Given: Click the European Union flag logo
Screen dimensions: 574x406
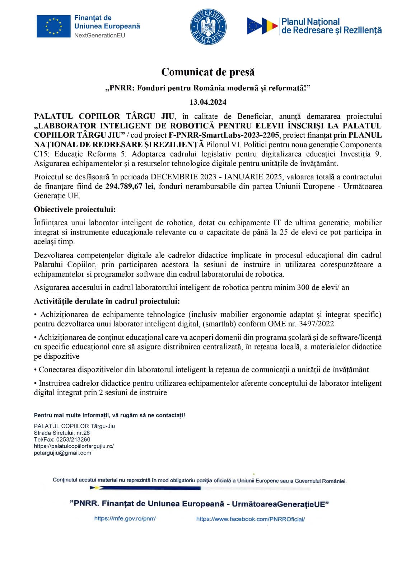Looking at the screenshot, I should [x=53, y=26].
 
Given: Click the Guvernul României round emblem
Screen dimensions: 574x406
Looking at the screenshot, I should [x=208, y=27].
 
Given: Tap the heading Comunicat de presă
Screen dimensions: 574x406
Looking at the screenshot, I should [x=208, y=72].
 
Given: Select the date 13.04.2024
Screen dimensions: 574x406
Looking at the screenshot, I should [x=208, y=102].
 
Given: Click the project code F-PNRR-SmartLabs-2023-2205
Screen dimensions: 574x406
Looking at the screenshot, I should [x=224, y=135].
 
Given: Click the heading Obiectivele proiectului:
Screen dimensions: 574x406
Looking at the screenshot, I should [x=75, y=210].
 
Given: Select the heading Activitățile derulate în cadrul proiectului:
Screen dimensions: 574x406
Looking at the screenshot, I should [x=107, y=301].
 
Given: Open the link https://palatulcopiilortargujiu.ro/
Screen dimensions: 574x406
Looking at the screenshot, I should [x=74, y=446].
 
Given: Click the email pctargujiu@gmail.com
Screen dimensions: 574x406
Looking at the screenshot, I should [x=62, y=453].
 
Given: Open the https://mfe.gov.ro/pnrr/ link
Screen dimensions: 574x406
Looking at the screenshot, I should [x=125, y=518].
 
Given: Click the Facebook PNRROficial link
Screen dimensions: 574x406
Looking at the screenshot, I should [x=250, y=519].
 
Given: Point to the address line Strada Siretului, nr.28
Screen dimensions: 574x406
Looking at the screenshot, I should [x=62, y=433].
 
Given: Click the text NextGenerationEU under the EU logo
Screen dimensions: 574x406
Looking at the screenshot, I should [x=99, y=35].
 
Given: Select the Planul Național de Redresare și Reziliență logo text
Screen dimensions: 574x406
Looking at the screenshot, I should [x=331, y=26].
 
